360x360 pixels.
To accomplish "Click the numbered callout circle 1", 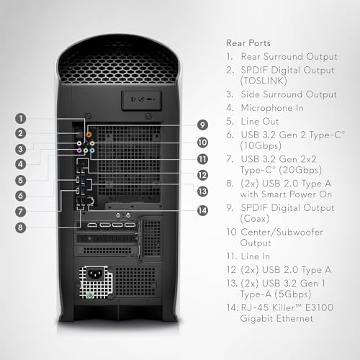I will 23,117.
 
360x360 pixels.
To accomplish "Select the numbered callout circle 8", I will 23,228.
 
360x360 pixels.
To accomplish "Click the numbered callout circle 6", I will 23,195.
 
